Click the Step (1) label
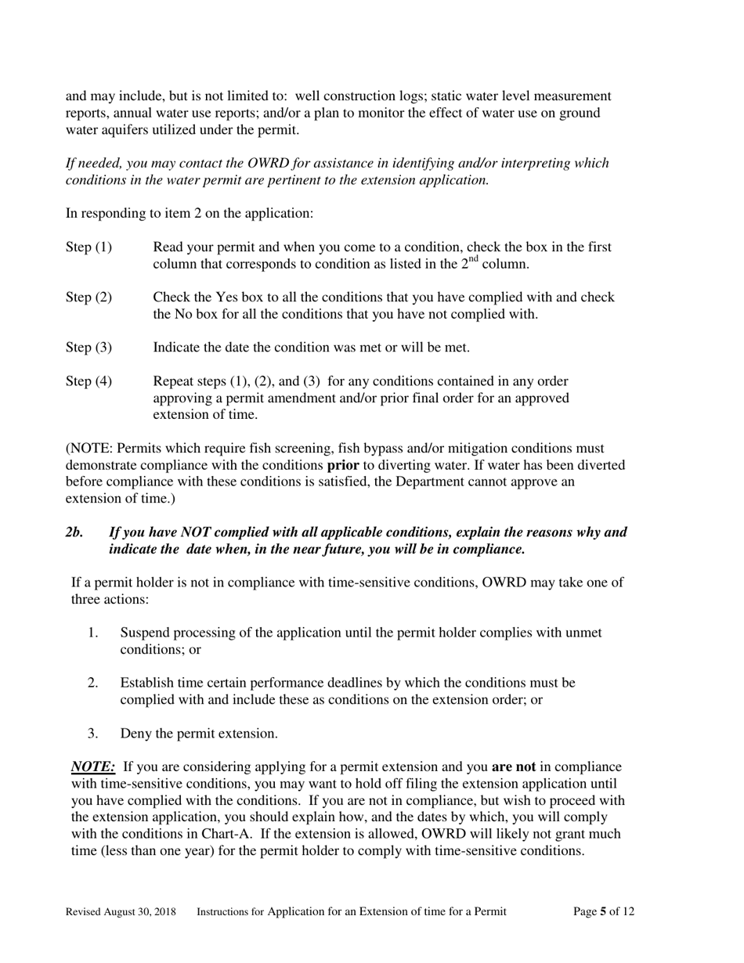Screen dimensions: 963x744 [x=88, y=247]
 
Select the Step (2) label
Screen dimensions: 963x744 [x=88, y=298]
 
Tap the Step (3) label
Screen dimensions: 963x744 [x=88, y=348]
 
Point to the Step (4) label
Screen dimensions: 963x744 [x=88, y=381]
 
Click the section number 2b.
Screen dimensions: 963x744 [x=74, y=532]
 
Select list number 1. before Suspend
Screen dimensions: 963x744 [x=93, y=633]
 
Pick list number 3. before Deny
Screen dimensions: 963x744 [x=93, y=734]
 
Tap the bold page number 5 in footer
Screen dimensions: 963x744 [x=603, y=911]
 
